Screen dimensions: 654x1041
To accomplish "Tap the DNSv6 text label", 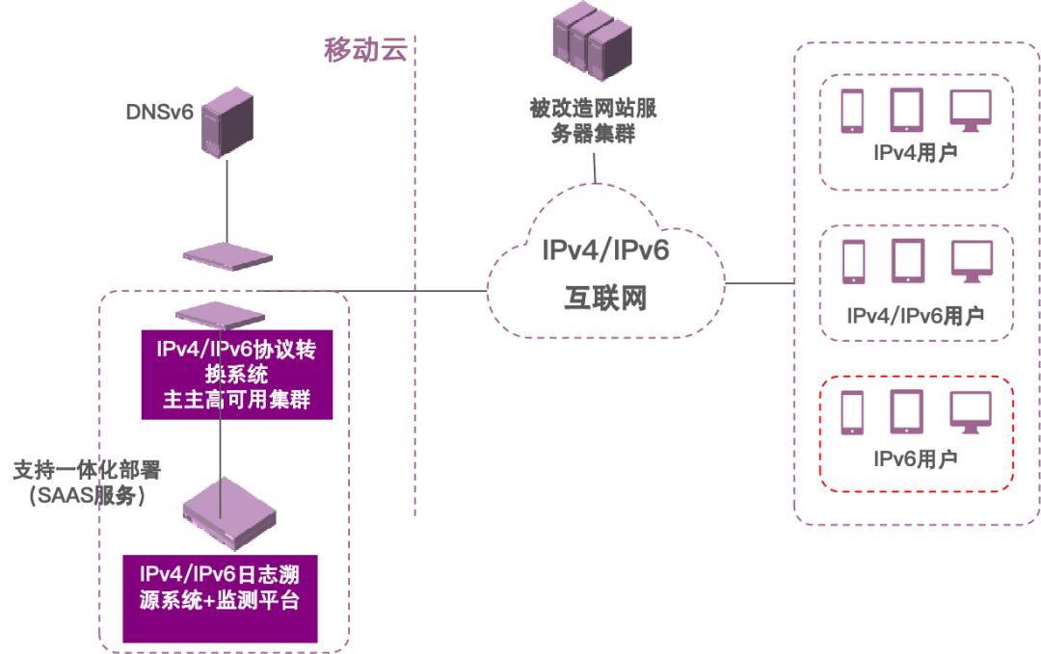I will (x=160, y=112).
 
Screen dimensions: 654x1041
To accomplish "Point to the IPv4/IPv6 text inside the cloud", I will (x=605, y=251).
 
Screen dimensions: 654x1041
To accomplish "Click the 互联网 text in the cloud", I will (x=605, y=299).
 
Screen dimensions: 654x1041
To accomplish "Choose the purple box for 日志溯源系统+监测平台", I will (x=220, y=597).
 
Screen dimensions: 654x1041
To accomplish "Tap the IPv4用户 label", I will (x=915, y=154).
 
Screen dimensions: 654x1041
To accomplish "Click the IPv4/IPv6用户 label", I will (x=915, y=316).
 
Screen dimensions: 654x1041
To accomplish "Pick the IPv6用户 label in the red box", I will (x=915, y=458).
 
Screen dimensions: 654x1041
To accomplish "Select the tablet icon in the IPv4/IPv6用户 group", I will (x=907, y=261).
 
